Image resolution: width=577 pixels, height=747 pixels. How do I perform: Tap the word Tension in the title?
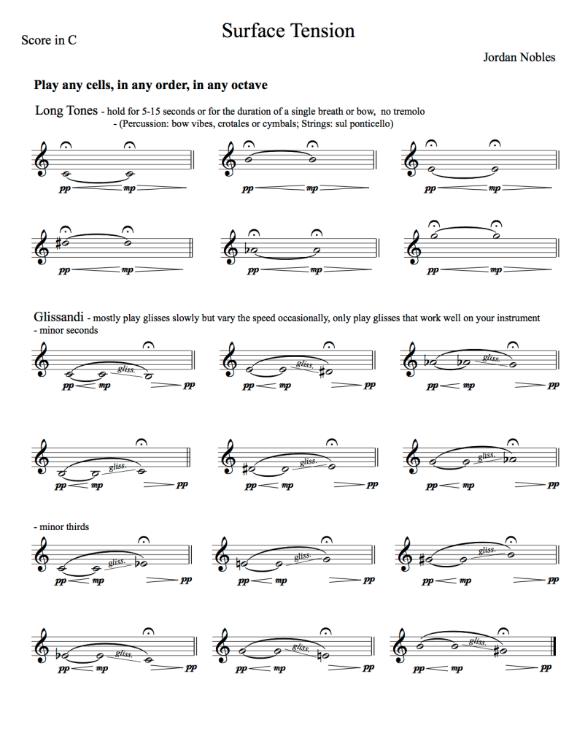point(323,31)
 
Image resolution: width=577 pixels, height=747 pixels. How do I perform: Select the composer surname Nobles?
point(535,57)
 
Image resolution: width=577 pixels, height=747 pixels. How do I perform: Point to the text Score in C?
point(49,40)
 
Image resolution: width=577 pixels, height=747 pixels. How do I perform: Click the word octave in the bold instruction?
point(247,85)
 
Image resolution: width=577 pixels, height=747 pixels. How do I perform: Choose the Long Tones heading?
point(66,111)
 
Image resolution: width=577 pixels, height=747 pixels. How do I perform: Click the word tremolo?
point(406,112)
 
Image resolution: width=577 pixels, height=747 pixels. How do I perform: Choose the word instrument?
point(516,318)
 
